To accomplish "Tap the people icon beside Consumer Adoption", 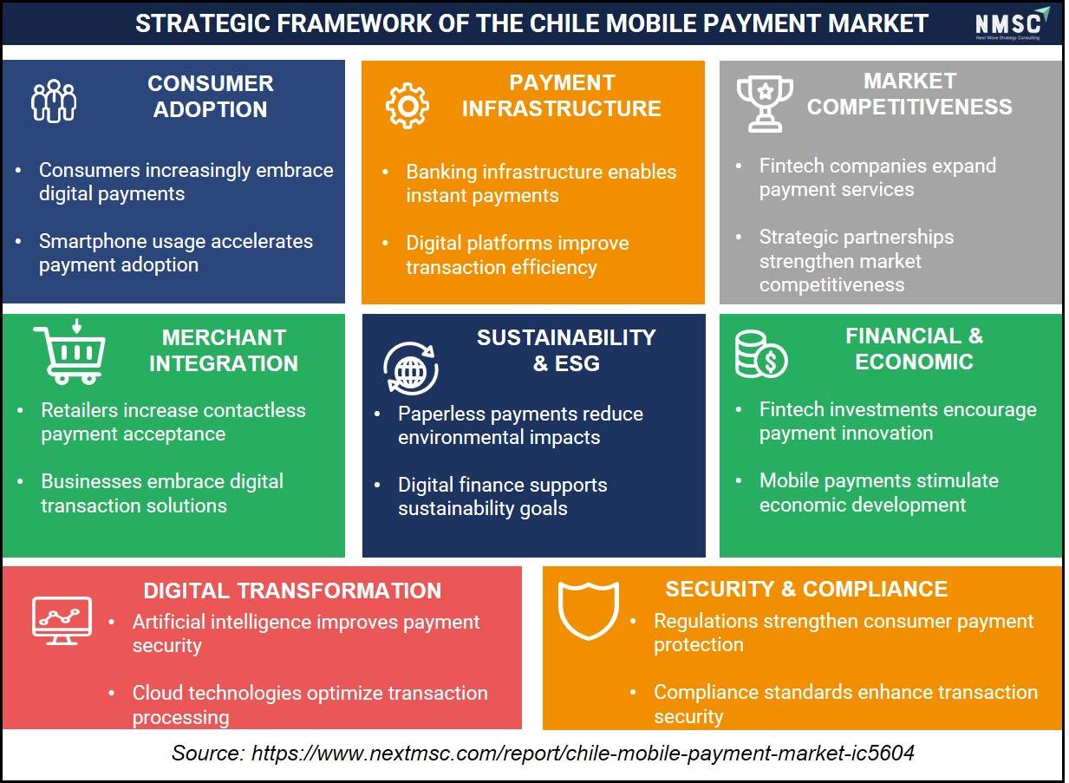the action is click(54, 101).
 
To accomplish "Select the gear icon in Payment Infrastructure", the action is click(407, 106).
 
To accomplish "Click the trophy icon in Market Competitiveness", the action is click(765, 104).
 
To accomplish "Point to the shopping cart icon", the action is click(69, 352).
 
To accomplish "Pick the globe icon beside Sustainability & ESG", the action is click(410, 369).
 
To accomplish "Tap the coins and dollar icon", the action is click(761, 355).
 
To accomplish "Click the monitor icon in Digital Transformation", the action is click(62, 621).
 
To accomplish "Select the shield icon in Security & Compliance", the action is click(589, 610).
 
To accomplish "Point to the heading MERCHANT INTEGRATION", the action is click(224, 350).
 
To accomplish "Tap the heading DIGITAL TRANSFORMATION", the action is click(292, 591).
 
